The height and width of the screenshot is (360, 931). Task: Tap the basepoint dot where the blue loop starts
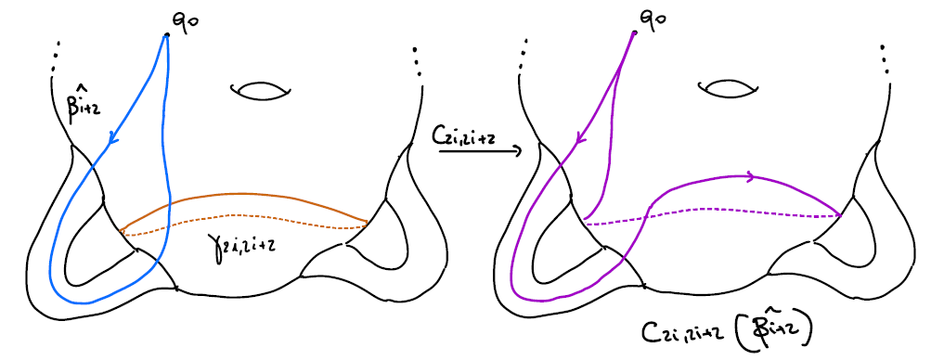click(167, 34)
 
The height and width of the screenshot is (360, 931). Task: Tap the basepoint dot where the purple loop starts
click(635, 33)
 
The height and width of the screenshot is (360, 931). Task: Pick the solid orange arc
click(246, 196)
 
